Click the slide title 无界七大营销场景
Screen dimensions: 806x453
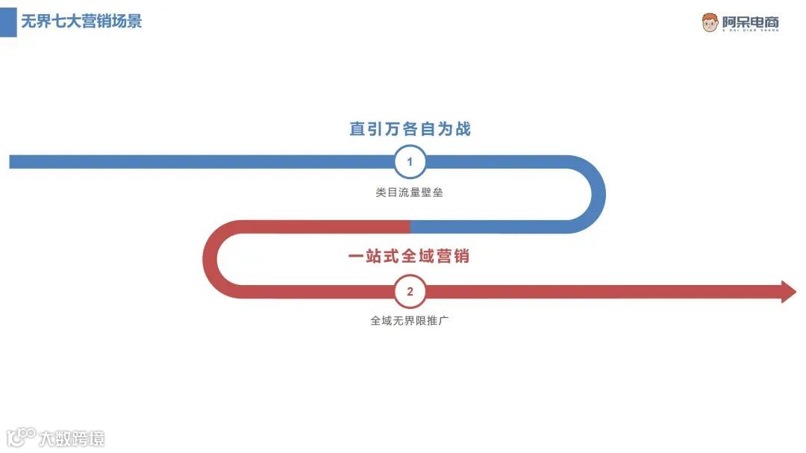pos(81,21)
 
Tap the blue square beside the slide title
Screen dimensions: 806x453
pos(8,22)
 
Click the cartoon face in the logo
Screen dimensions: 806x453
pos(710,22)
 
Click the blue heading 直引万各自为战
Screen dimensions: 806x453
pos(410,129)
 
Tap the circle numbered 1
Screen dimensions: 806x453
pos(410,162)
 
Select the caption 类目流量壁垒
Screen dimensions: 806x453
pos(410,192)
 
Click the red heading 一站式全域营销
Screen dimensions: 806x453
pos(409,256)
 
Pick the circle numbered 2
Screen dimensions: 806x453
pos(410,292)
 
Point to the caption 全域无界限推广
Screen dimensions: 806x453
pos(409,321)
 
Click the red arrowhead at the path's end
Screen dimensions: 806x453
pos(788,292)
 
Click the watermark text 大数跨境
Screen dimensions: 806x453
pos(72,438)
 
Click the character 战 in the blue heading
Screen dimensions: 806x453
pos(463,129)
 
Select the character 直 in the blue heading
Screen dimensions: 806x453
pos(357,129)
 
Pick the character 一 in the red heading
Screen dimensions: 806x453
pos(356,256)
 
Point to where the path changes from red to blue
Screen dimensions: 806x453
pos(410,227)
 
